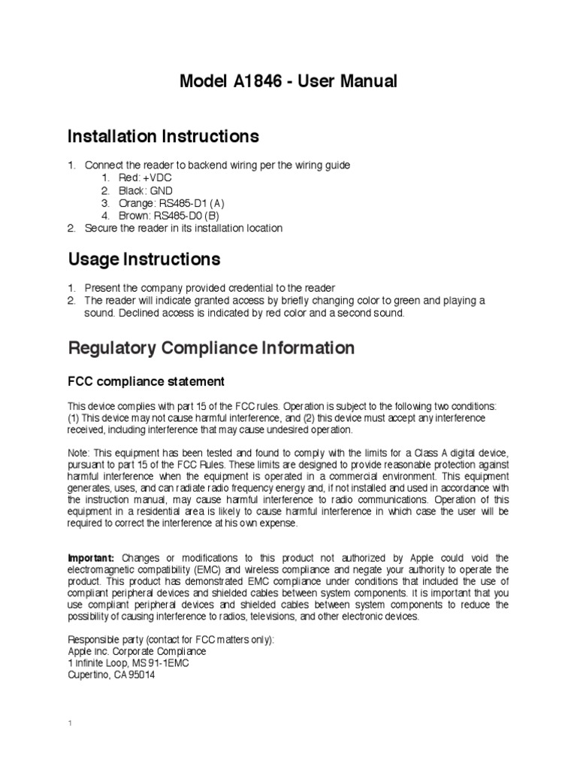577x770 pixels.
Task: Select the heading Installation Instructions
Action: point(163,136)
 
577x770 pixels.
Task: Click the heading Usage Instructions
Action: point(144,259)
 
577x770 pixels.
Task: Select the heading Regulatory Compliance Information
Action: point(211,348)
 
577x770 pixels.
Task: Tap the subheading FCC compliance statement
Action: point(146,381)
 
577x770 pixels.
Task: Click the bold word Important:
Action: point(91,558)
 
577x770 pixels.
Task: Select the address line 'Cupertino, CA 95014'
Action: point(112,675)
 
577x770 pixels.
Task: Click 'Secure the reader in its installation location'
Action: point(183,229)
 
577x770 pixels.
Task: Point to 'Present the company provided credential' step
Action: point(210,288)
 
